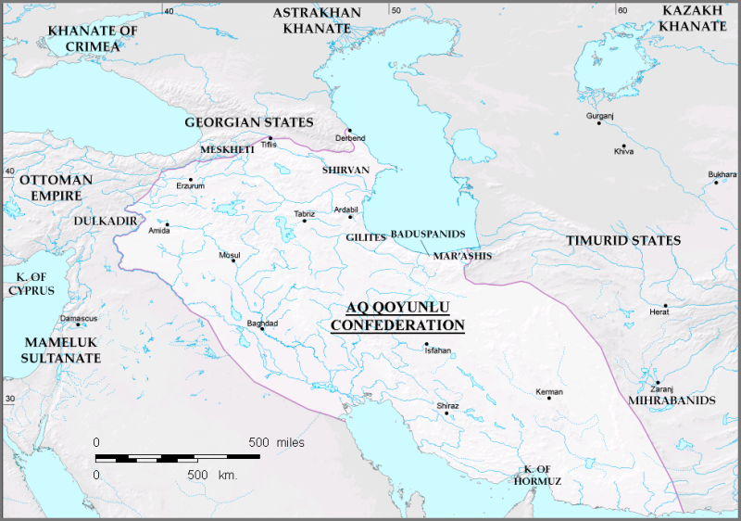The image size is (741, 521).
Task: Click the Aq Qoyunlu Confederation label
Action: point(397,317)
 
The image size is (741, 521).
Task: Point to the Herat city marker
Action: point(665,306)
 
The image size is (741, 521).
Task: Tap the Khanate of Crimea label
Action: point(92,38)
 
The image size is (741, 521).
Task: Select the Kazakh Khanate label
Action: point(694,18)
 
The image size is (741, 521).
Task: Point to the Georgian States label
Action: point(249,122)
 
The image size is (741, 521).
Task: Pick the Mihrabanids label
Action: point(659,400)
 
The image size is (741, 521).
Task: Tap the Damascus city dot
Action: point(79,324)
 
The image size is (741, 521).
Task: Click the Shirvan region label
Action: point(345,171)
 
